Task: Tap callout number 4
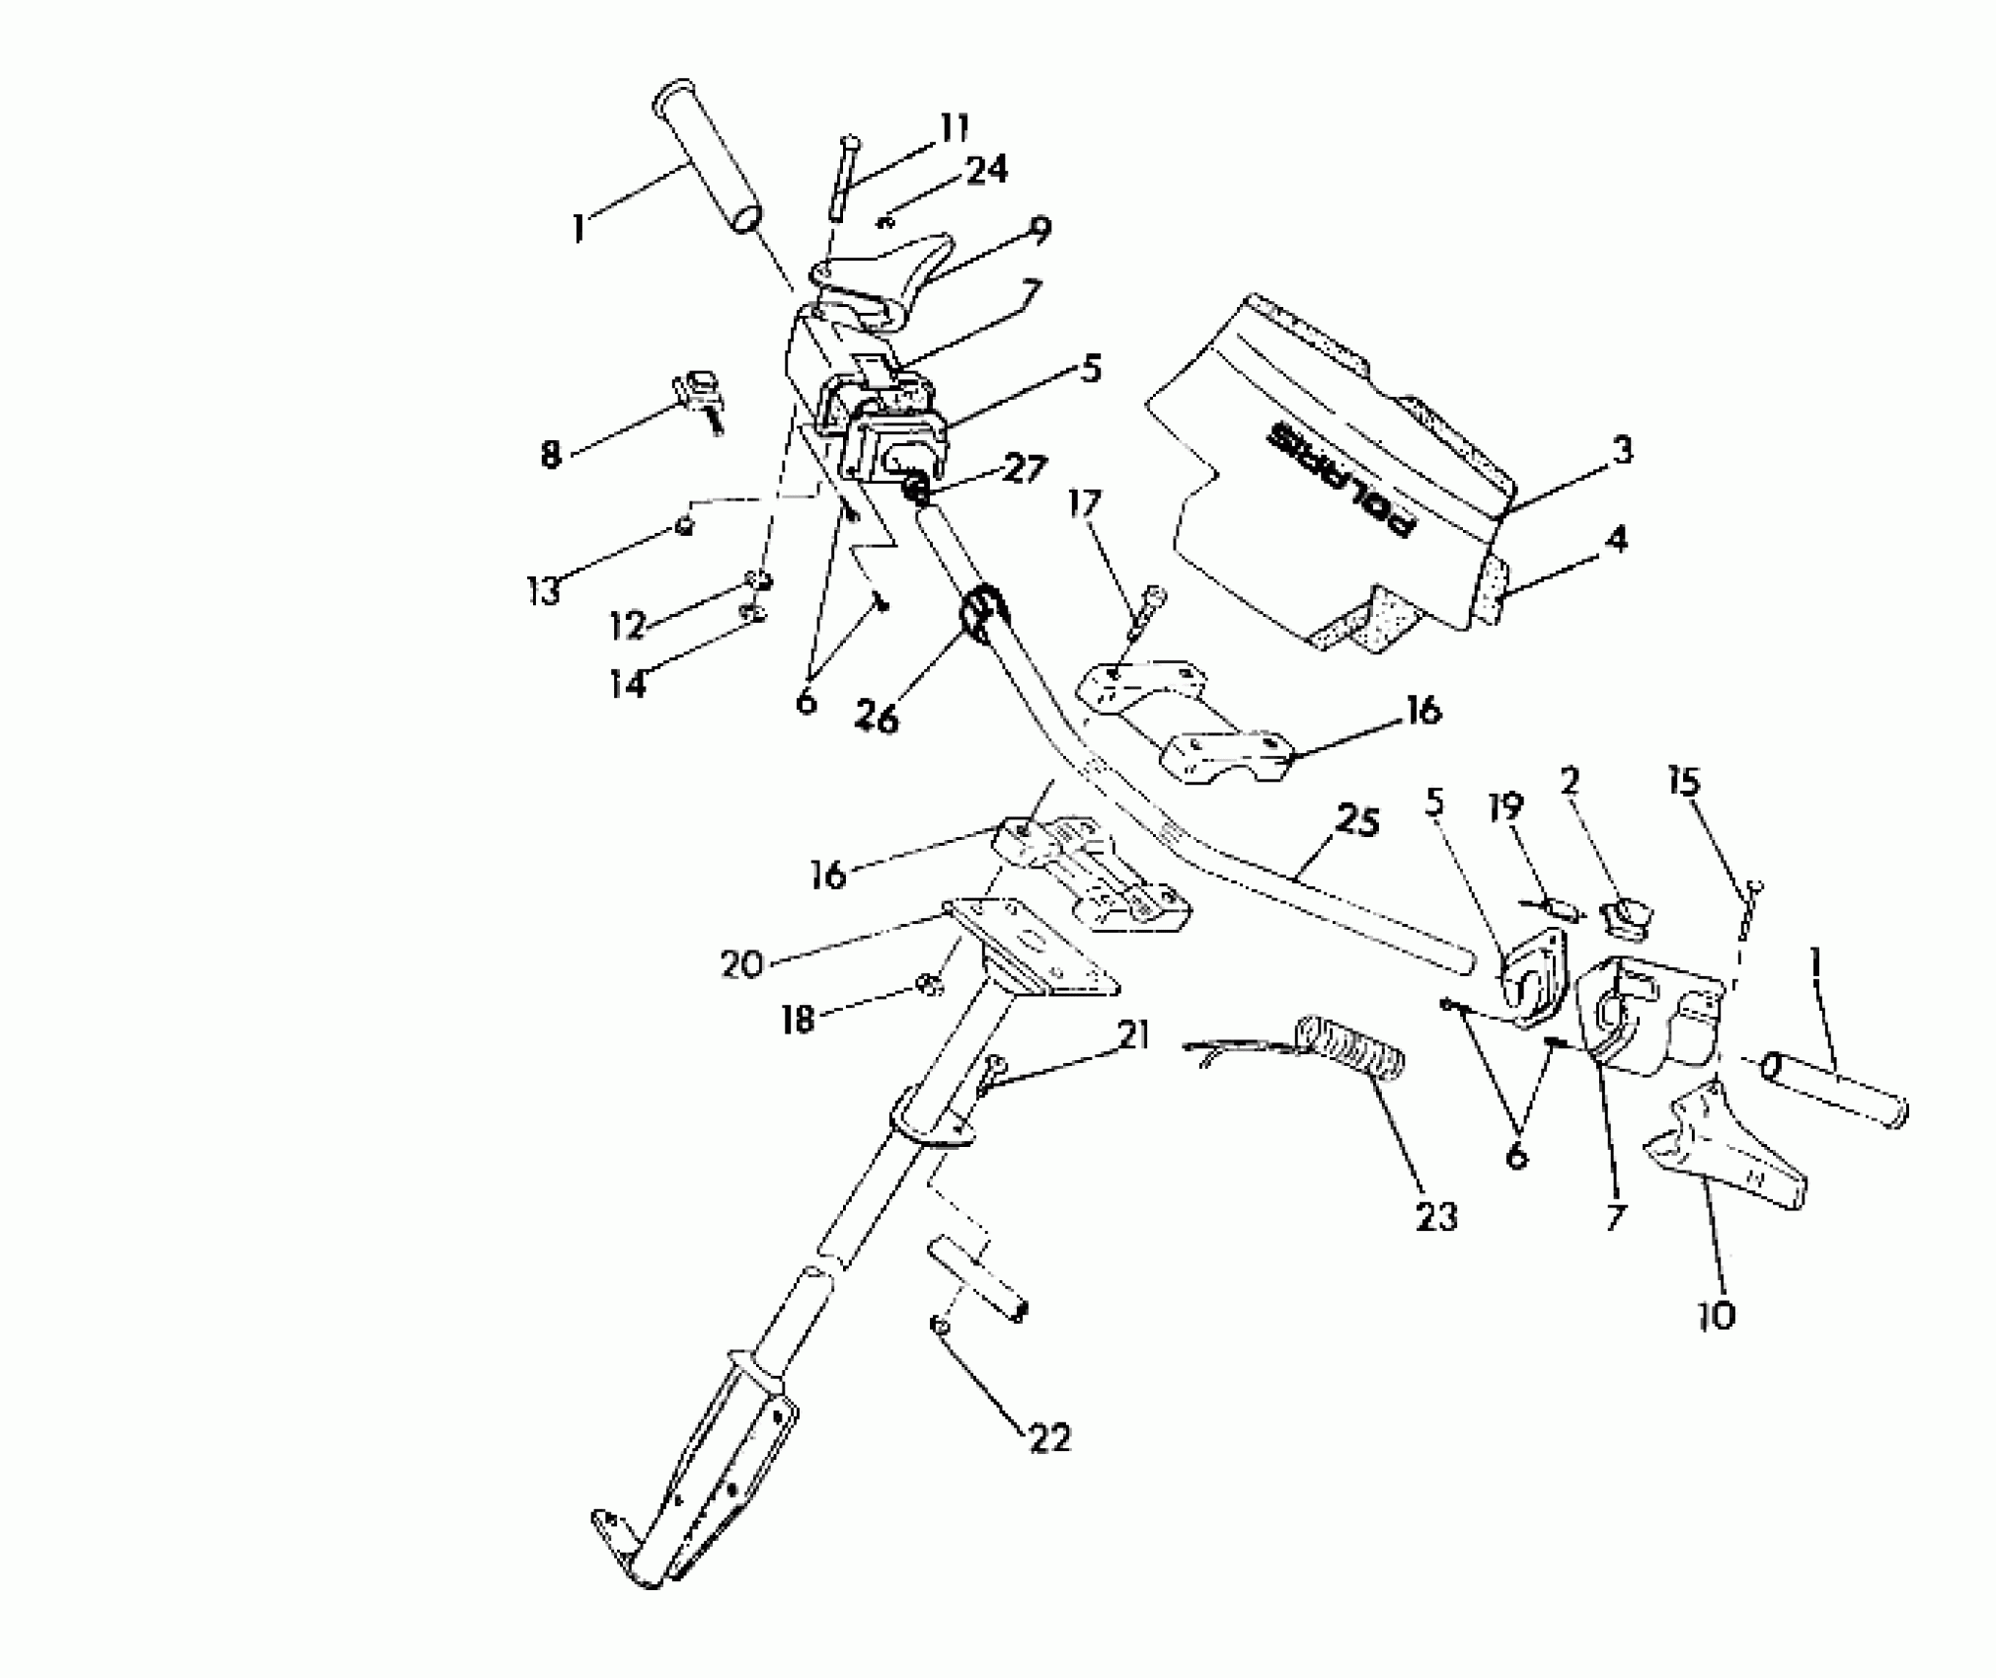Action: [x=1615, y=540]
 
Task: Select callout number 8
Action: [x=550, y=454]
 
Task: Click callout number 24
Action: [x=985, y=170]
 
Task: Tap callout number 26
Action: [x=877, y=719]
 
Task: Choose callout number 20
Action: [x=742, y=963]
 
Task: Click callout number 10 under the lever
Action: [x=1718, y=1315]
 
